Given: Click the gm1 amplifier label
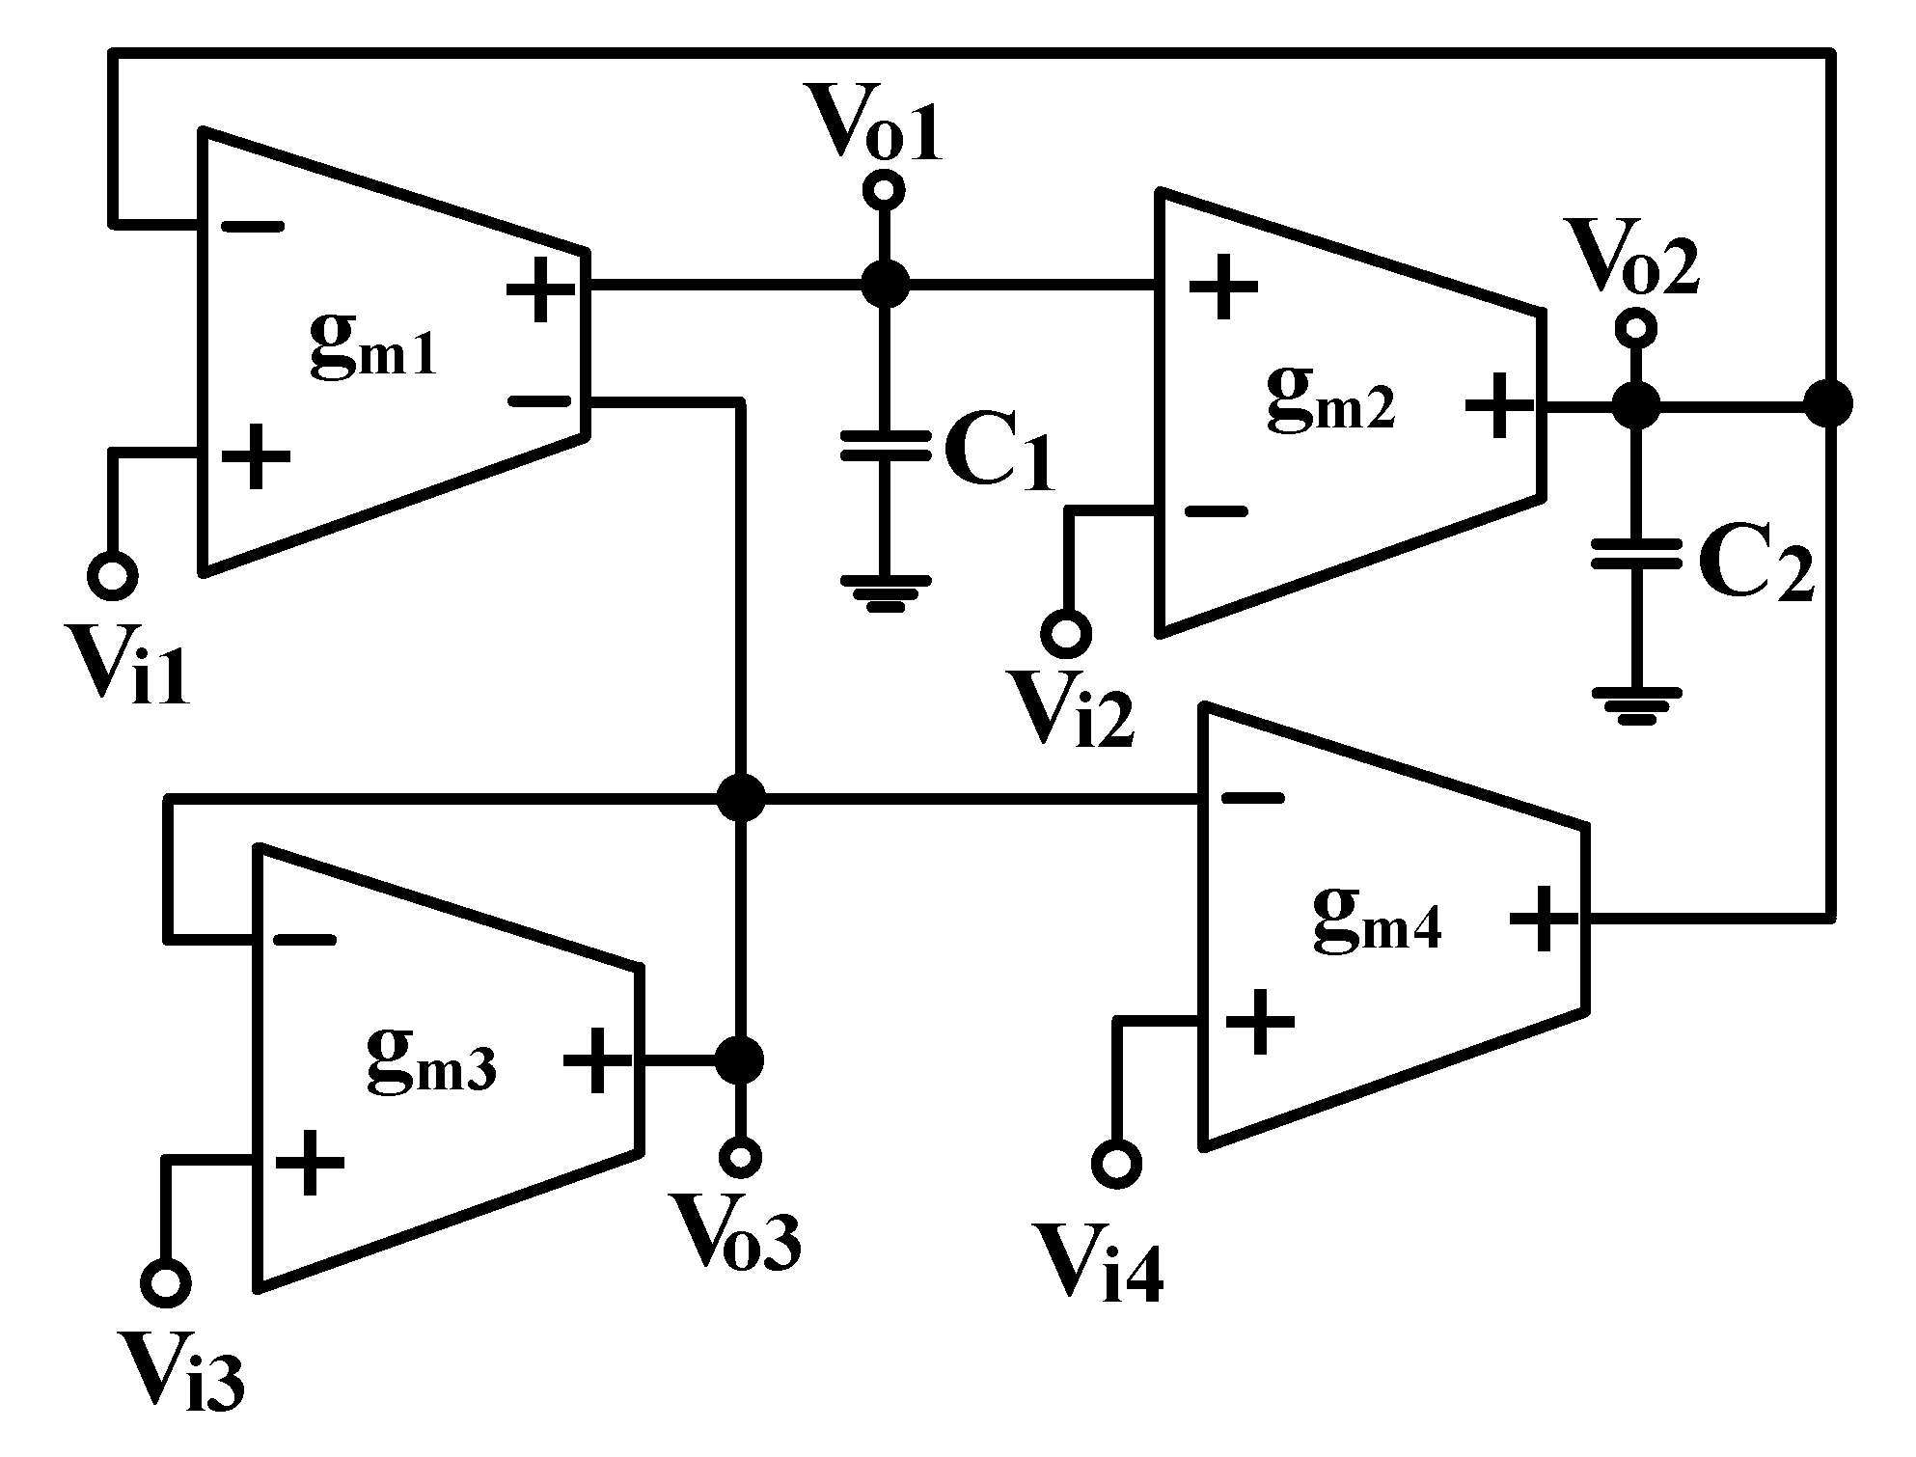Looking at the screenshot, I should coord(373,347).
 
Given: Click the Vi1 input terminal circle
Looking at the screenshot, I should coord(112,576).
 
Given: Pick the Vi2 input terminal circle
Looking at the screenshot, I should coord(1066,634).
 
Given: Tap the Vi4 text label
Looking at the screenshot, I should coord(1098,1264).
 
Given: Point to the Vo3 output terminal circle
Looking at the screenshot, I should coord(741,1155).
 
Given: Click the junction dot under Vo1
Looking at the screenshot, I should coord(884,285).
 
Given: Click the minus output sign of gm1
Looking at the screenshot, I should coord(540,400).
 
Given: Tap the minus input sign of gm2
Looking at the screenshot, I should coord(1217,511).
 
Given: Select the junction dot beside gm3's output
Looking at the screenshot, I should coord(740,1060).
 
